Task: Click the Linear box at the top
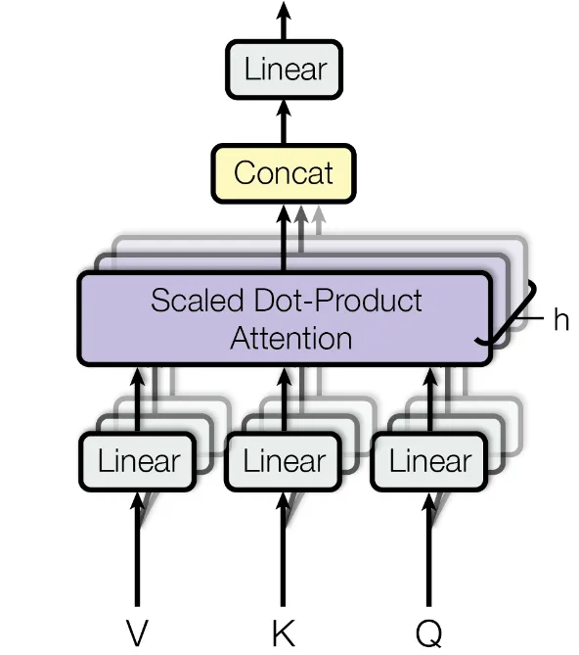click(x=284, y=70)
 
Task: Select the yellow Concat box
click(x=284, y=173)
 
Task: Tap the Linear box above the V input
click(x=138, y=461)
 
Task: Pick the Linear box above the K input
click(x=284, y=461)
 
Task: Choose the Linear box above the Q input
click(x=429, y=461)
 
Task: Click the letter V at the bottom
click(x=137, y=632)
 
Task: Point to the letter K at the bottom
click(x=284, y=632)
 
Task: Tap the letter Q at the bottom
click(x=429, y=633)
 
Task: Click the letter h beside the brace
click(x=561, y=319)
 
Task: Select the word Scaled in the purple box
click(x=197, y=300)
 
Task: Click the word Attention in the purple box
click(x=291, y=338)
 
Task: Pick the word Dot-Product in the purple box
click(x=337, y=300)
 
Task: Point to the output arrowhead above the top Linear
click(x=284, y=11)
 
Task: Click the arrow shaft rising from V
click(x=137, y=549)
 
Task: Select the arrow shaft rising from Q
click(x=429, y=549)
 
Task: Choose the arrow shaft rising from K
click(x=284, y=549)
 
